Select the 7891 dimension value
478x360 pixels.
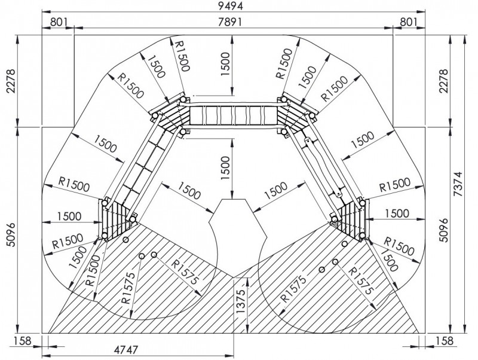[x=230, y=22]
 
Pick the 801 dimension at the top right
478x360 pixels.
[x=408, y=22]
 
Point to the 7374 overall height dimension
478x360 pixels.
[x=458, y=184]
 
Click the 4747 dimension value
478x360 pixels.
[x=126, y=350]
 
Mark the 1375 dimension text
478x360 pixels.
[x=240, y=301]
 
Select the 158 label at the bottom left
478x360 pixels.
[x=23, y=340]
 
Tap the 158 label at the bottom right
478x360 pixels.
[x=445, y=340]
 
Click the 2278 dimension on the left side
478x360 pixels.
[x=11, y=81]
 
